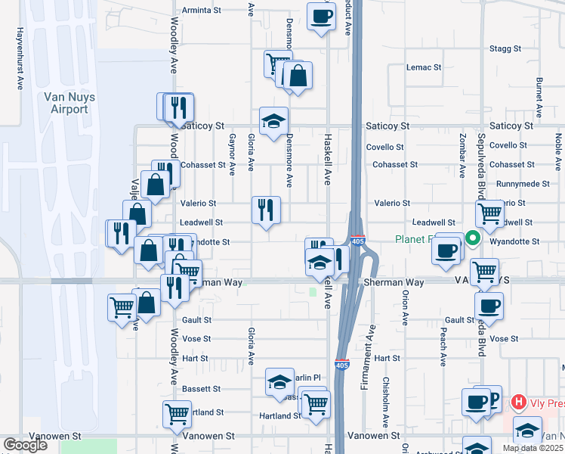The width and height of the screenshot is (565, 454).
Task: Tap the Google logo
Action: click(x=25, y=445)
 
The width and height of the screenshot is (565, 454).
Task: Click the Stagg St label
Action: click(x=505, y=48)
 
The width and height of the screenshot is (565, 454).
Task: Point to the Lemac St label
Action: click(x=424, y=67)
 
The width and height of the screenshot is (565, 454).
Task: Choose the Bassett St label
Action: click(x=201, y=389)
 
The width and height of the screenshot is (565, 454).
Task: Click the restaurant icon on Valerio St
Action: click(x=266, y=210)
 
